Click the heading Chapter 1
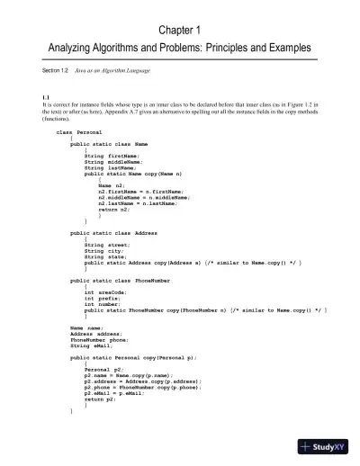coord(179,29)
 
